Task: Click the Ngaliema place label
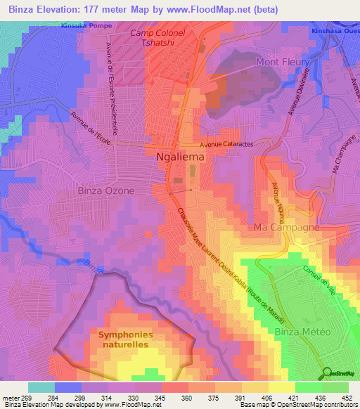pos(180,158)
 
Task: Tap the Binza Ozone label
pos(105,190)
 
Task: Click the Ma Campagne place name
pos(287,228)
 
